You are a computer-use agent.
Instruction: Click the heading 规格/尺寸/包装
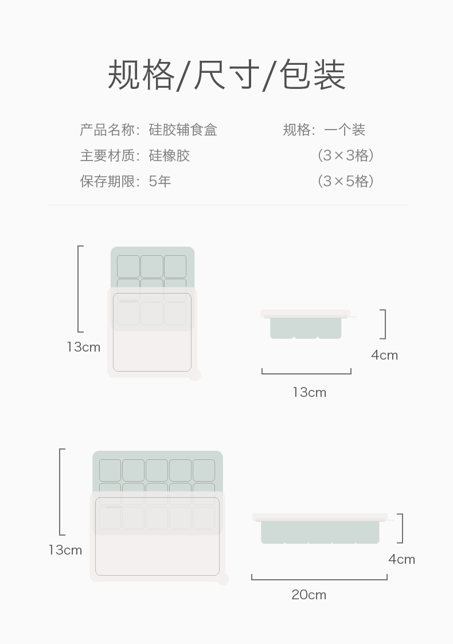[226, 75]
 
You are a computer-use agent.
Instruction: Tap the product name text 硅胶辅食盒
[183, 130]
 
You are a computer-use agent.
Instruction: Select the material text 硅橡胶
[169, 156]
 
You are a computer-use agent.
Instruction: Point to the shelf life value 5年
[160, 182]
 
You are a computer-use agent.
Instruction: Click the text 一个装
[345, 130]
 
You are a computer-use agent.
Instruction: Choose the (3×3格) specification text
[346, 156]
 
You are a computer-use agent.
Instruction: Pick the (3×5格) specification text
[346, 182]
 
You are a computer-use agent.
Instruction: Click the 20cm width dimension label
[308, 595]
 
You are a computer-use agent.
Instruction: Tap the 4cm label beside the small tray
[384, 356]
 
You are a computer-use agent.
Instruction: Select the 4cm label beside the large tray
[401, 560]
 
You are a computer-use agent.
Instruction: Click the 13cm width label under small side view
[309, 393]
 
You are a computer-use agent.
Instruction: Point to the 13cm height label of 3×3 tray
[83, 348]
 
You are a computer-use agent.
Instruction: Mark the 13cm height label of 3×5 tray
[65, 551]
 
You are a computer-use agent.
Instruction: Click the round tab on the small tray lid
[195, 375]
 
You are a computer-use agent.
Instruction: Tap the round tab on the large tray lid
[222, 579]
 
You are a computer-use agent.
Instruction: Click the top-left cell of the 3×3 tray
[128, 267]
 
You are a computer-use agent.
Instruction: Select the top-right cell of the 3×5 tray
[204, 470]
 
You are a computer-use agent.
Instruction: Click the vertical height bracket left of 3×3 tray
[79, 289]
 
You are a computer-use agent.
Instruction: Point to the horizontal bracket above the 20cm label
[319, 579]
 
